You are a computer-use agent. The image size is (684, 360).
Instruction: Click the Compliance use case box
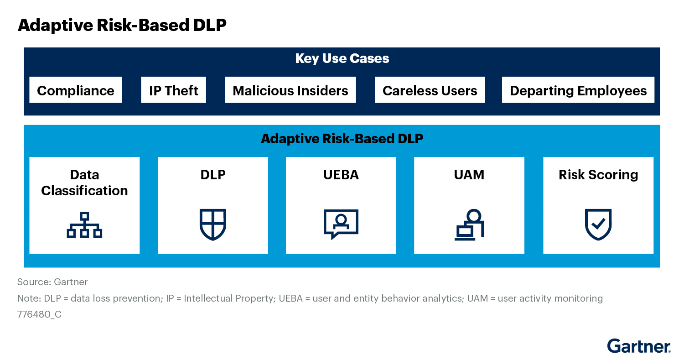pyautogui.click(x=76, y=90)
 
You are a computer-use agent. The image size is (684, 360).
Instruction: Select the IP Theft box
pyautogui.click(x=173, y=90)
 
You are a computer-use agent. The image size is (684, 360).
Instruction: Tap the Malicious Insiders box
pyautogui.click(x=290, y=90)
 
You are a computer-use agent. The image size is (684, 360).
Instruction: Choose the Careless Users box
pyautogui.click(x=430, y=90)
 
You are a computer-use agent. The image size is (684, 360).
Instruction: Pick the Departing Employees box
pyautogui.click(x=578, y=90)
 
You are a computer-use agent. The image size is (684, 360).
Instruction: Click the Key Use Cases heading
pyautogui.click(x=342, y=58)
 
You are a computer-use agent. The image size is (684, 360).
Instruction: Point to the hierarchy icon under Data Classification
pyautogui.click(x=84, y=225)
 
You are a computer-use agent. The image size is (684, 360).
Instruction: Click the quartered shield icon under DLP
pyautogui.click(x=213, y=224)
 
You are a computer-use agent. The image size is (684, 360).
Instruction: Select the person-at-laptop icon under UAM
pyautogui.click(x=469, y=224)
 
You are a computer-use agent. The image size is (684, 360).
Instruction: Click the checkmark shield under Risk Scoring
pyautogui.click(x=598, y=224)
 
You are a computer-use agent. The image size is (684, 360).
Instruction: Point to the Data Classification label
pyautogui.click(x=84, y=183)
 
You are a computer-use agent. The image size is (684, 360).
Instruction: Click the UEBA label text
pyautogui.click(x=341, y=175)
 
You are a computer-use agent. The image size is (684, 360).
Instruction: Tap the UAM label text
pyautogui.click(x=469, y=175)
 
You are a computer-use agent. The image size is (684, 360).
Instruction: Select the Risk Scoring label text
pyautogui.click(x=598, y=175)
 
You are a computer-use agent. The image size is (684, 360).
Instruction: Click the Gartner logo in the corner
pyautogui.click(x=638, y=346)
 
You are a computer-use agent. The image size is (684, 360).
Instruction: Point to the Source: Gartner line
pyautogui.click(x=52, y=282)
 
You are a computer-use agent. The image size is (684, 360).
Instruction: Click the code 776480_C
pyautogui.click(x=39, y=314)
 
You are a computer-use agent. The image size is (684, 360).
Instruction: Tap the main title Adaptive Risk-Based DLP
pyautogui.click(x=122, y=26)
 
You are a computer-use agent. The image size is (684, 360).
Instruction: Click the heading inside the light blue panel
pyautogui.click(x=342, y=139)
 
